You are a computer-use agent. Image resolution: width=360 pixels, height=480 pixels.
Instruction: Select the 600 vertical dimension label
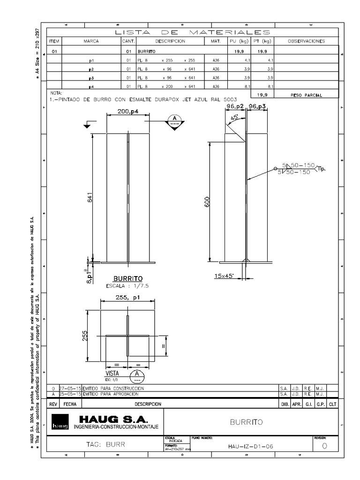point(207,201)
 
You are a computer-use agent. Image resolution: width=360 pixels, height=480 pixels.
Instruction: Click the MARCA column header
point(91,41)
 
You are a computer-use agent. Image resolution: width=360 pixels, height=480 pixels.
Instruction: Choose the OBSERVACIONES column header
point(306,41)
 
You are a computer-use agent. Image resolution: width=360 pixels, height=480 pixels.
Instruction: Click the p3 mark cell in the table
point(91,77)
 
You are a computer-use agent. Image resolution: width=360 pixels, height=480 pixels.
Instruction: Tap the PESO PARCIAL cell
point(306,95)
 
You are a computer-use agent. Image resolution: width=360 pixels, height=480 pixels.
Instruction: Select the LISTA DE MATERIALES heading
point(192,32)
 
